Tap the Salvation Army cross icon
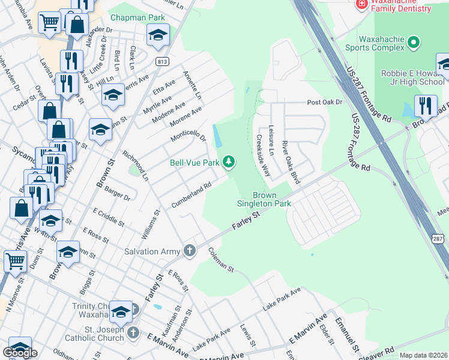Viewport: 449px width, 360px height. pyautogui.click(x=190, y=251)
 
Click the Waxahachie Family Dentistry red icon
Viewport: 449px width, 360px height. pyautogui.click(x=362, y=4)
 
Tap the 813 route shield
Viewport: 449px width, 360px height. pyautogui.click(x=161, y=61)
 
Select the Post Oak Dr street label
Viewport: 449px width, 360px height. pyautogui.click(x=324, y=103)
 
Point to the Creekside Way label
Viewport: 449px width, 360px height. pyautogui.click(x=263, y=154)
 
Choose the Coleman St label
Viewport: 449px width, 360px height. pyautogui.click(x=221, y=260)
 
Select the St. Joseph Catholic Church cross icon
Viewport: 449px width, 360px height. pyautogui.click(x=133, y=332)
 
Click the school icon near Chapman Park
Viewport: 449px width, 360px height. pyautogui.click(x=158, y=35)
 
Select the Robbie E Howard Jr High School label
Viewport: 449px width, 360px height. pyautogui.click(x=413, y=77)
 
